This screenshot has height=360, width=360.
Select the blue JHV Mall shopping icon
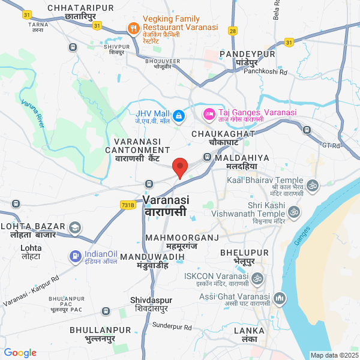tap(178, 115)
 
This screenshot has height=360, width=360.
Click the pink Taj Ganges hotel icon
tap(209, 113)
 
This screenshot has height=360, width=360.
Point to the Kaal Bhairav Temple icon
tap(313, 185)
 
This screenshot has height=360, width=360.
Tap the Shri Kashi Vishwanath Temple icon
tap(294, 212)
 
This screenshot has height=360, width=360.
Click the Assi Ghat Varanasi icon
tap(279, 298)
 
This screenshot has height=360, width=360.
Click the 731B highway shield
tap(128, 205)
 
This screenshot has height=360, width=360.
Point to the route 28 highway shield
tap(233, 30)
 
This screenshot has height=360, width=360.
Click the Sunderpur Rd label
tap(172, 327)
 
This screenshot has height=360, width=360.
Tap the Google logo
tap(20, 353)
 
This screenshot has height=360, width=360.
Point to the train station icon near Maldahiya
tap(207, 157)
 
